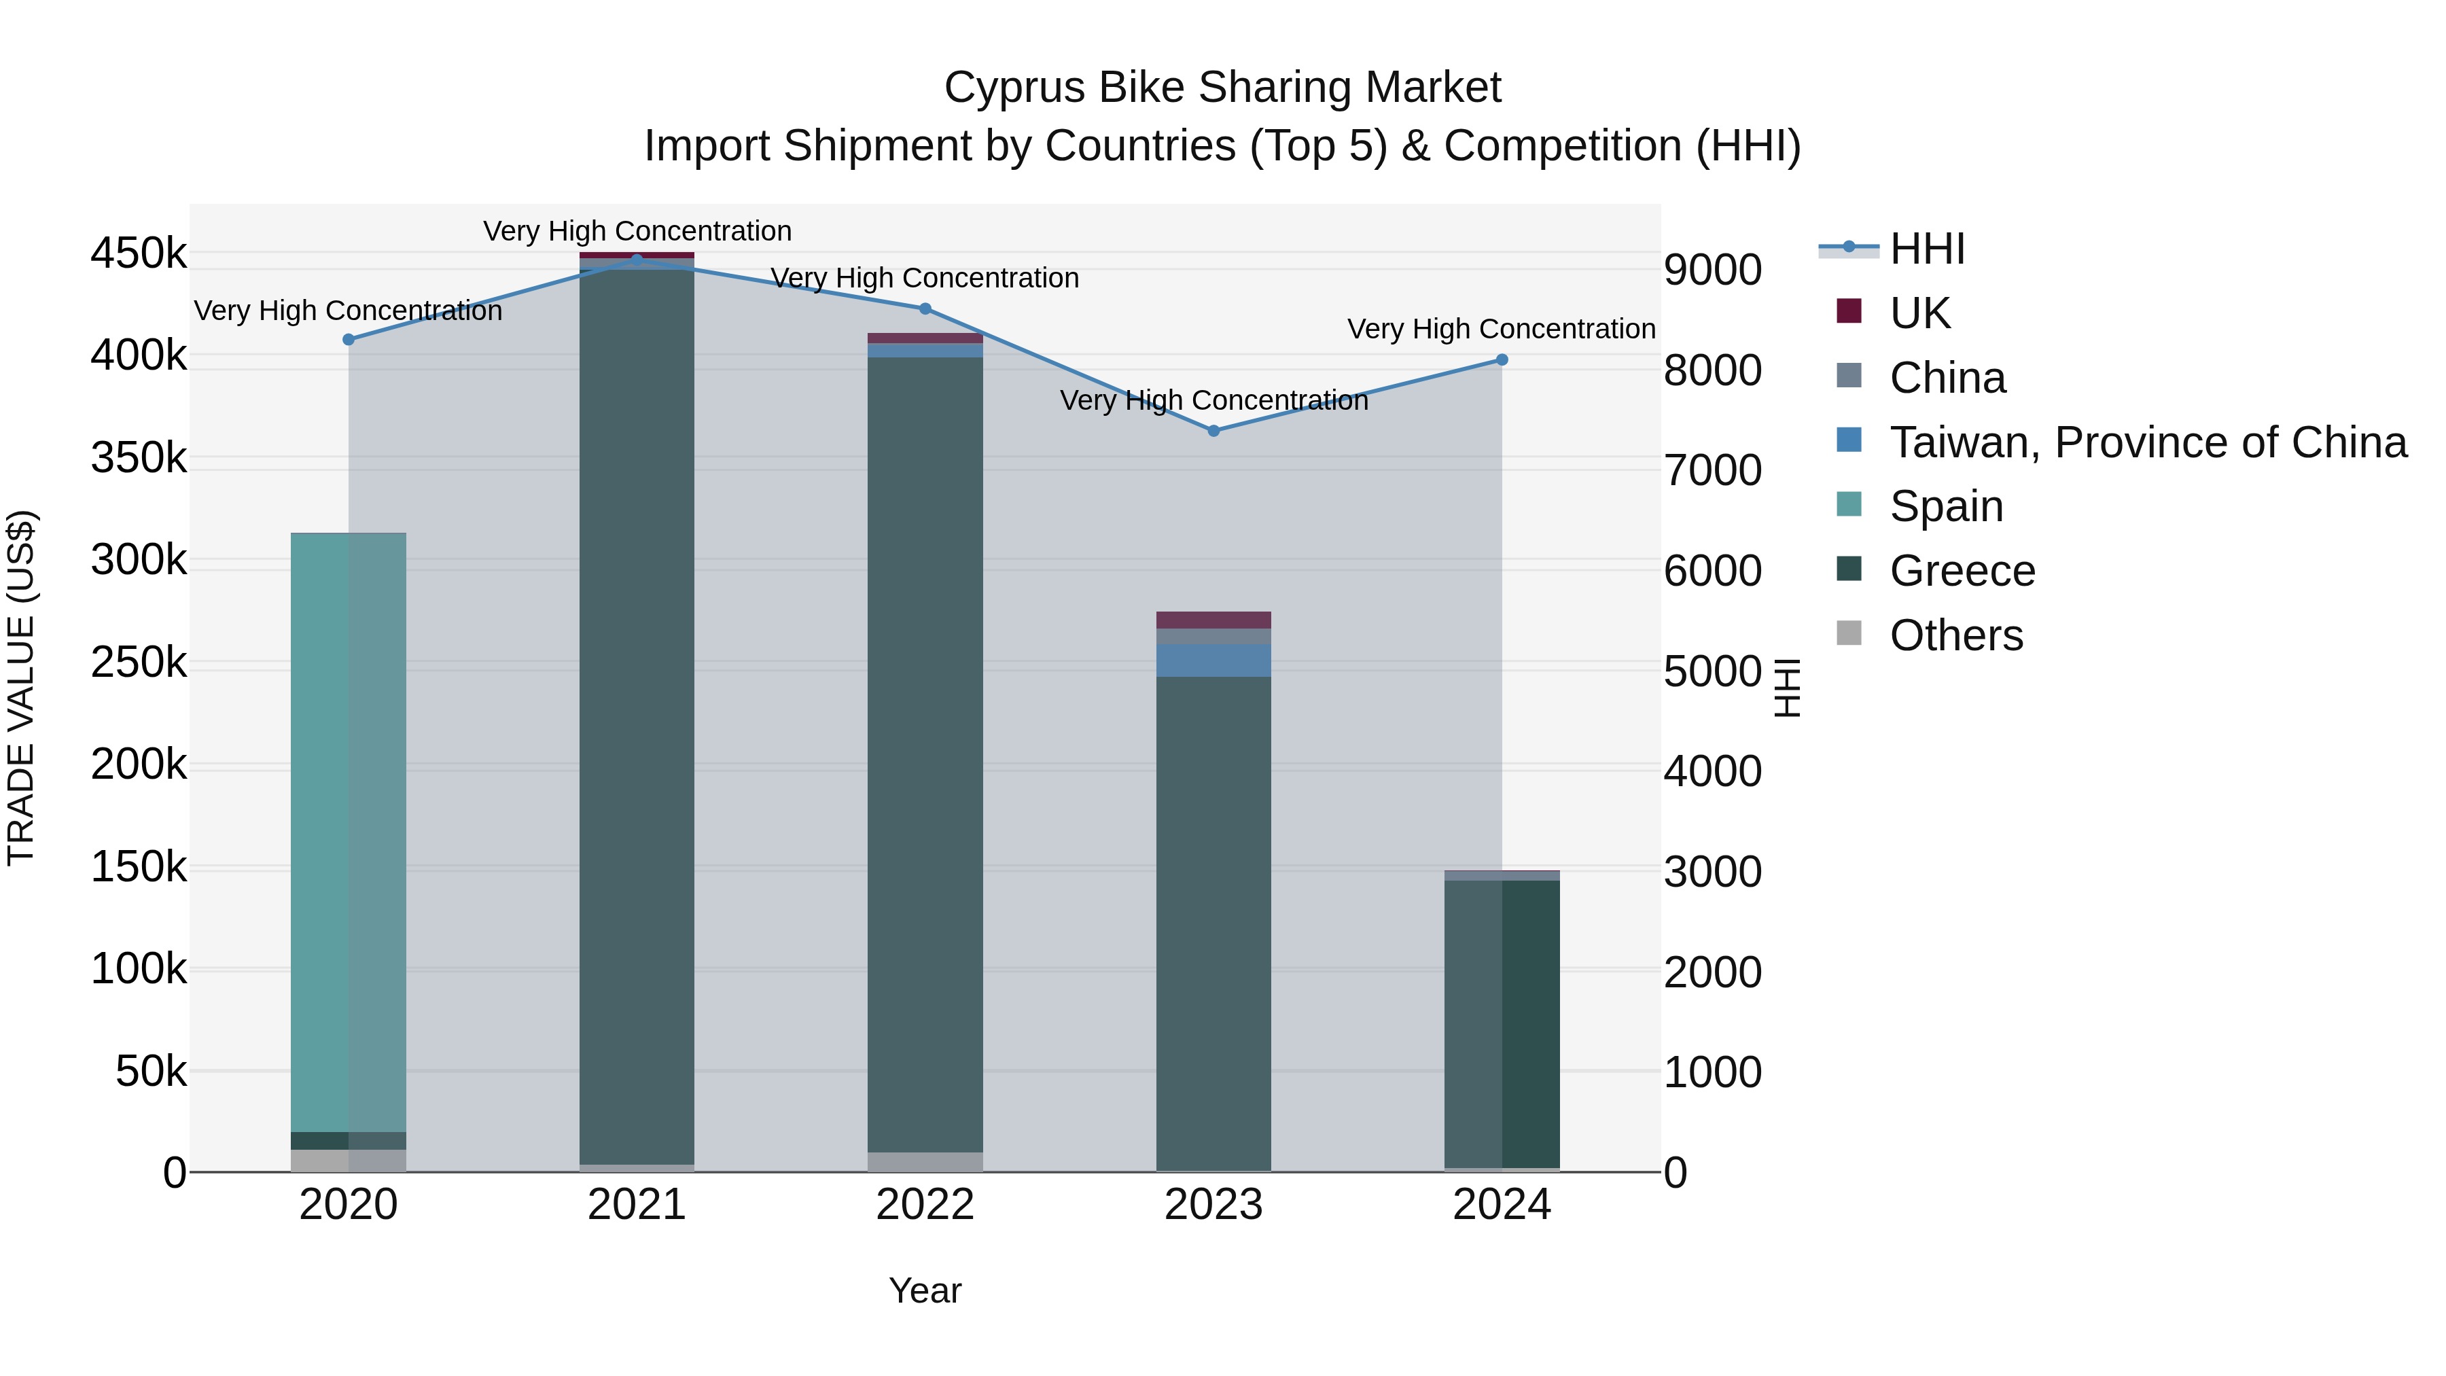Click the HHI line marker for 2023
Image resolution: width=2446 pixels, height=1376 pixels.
click(1213, 431)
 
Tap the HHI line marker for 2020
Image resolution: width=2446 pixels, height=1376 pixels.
click(349, 340)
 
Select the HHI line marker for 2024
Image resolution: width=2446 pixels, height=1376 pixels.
click(1501, 360)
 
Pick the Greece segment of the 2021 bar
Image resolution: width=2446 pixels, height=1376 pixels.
click(636, 712)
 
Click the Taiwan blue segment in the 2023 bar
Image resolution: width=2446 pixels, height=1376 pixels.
click(1213, 660)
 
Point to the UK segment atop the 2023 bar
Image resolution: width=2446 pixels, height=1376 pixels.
click(1213, 620)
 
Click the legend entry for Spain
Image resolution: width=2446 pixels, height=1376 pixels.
click(1946, 506)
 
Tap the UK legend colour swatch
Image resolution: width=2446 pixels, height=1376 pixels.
click(1849, 311)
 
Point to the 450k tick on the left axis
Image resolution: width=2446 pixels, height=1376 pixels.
click(139, 255)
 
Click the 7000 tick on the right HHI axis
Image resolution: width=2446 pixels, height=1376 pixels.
click(1713, 471)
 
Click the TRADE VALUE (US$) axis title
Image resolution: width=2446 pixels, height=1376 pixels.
click(21, 688)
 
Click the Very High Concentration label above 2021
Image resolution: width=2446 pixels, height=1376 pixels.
click(637, 232)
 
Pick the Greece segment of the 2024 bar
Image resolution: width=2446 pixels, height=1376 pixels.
click(1501, 1021)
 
